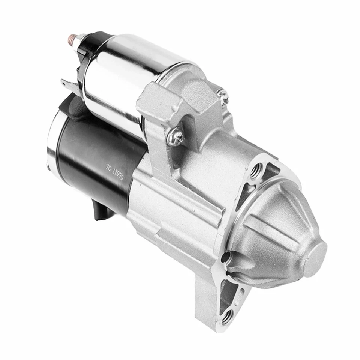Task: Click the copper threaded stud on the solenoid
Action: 72,38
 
